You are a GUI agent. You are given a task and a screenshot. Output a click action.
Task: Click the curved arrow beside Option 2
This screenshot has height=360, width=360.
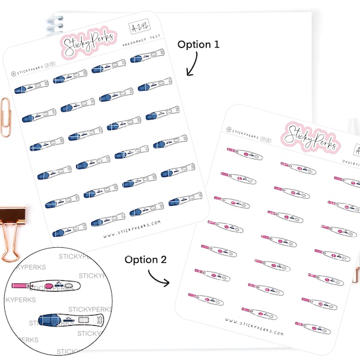[159, 277]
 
